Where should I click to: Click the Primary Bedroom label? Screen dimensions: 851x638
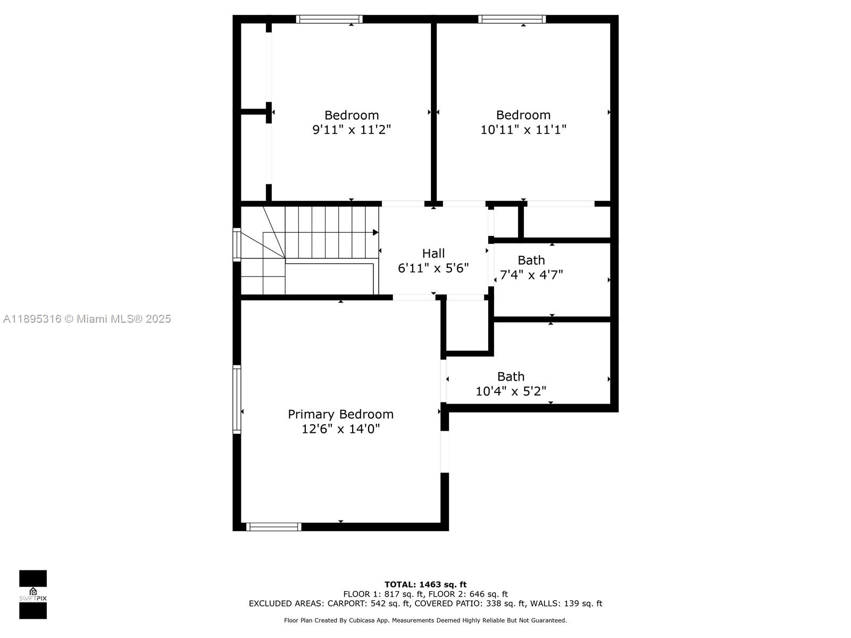coord(340,415)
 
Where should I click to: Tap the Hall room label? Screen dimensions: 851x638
coord(433,254)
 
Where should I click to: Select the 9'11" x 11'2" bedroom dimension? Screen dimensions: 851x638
coord(352,129)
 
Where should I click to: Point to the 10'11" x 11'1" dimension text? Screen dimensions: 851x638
coord(523,129)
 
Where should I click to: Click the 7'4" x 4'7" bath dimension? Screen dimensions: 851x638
coord(531,275)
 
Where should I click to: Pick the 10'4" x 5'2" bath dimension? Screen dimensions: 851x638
coord(511,391)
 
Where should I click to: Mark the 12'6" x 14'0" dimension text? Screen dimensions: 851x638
coord(340,429)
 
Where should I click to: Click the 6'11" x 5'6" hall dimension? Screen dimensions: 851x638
coord(433,267)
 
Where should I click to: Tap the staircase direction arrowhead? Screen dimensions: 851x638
coord(376,232)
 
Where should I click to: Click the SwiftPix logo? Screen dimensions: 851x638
coord(33,594)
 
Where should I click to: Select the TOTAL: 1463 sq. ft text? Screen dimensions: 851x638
coord(425,584)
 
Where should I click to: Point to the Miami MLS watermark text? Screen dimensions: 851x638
coord(87,319)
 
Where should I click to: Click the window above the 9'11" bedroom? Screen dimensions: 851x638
coord(329,19)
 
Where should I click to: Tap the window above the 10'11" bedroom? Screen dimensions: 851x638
coord(512,19)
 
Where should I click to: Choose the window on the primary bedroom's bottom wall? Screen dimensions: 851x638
coord(274,527)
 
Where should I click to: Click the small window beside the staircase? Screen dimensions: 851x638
coord(237,245)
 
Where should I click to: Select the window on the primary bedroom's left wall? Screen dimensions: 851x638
coord(237,399)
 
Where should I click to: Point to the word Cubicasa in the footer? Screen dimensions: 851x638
coord(362,620)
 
